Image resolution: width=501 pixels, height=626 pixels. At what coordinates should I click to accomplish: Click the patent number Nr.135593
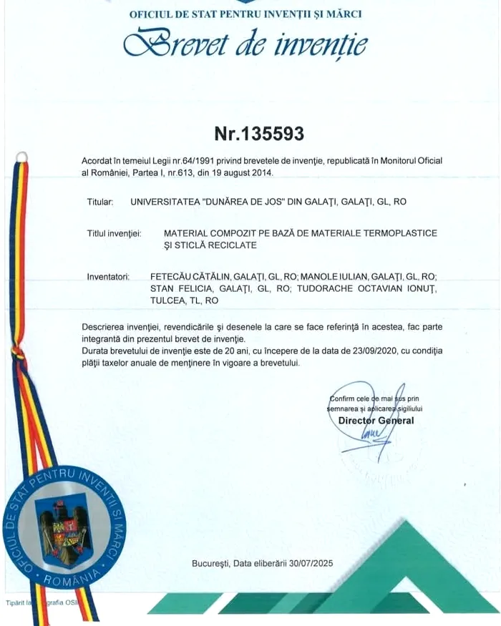pos(259,134)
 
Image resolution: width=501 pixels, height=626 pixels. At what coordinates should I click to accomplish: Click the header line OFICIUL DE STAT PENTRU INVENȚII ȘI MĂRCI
pos(245,14)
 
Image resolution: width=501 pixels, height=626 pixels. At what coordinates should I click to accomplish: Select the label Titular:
pos(99,202)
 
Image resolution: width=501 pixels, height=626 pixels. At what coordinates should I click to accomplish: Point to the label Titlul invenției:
pos(115,234)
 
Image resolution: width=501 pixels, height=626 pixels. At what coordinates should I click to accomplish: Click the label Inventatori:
pos(108,275)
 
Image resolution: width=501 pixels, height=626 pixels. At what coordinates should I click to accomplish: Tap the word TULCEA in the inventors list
pos(167,300)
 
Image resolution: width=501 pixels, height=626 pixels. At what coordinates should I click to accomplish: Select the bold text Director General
pos(376,421)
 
